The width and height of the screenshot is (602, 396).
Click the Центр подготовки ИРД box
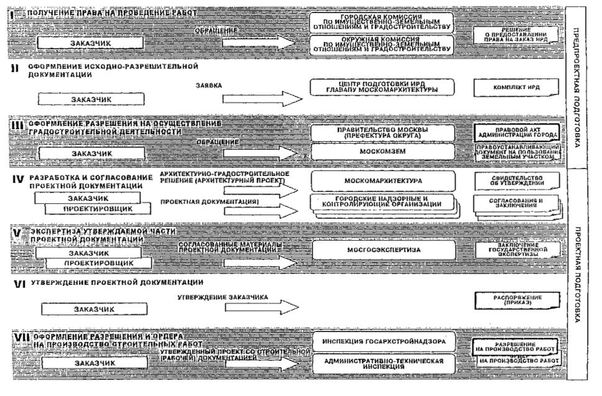(383, 87)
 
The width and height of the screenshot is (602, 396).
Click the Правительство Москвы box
(383, 132)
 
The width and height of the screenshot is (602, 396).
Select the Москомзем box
(383, 151)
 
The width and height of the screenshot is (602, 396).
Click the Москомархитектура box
(383, 181)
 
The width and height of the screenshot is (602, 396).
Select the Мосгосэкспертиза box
(383, 250)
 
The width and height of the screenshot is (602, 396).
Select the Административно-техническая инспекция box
(383, 364)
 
